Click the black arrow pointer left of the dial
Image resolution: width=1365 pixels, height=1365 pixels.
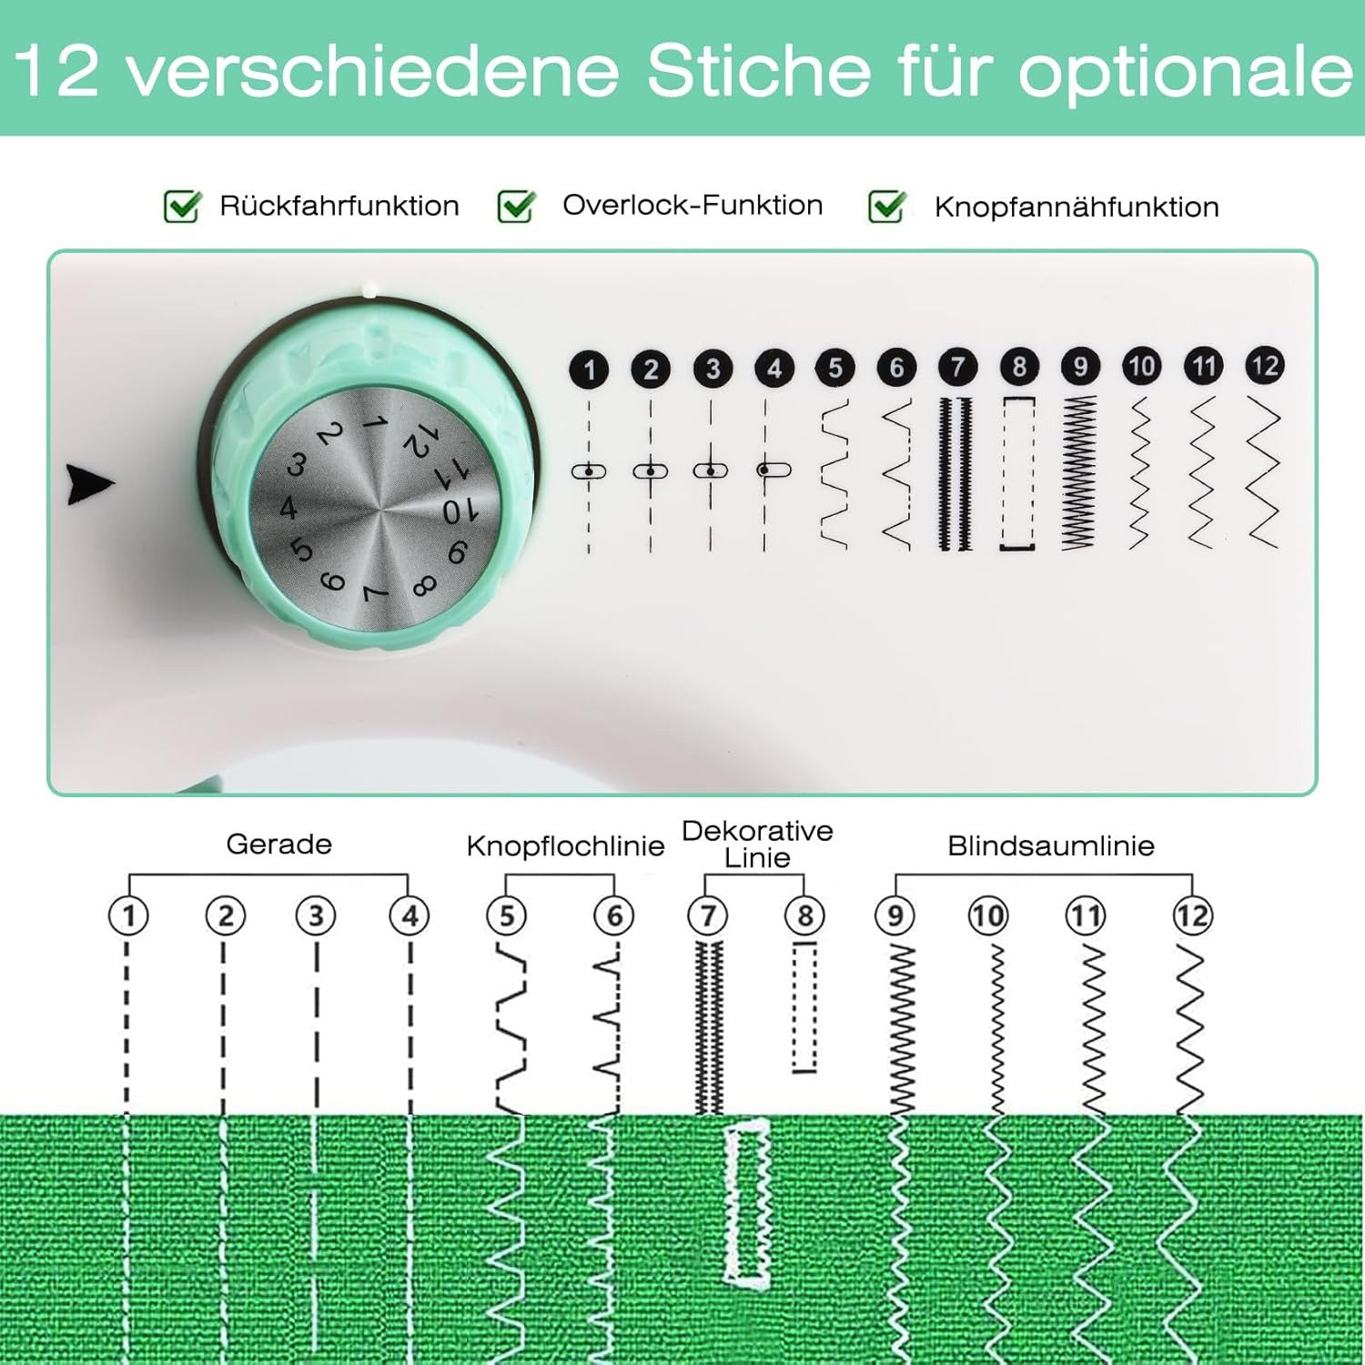[x=90, y=484]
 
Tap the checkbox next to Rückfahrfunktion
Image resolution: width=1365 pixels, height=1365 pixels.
[x=181, y=207]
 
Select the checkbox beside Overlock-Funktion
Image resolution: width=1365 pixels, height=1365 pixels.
[x=516, y=207]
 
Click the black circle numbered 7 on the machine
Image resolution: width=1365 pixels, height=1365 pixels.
[x=957, y=367]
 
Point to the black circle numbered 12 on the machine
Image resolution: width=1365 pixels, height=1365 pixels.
[x=1264, y=366]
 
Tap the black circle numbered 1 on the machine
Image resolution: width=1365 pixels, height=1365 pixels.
[x=589, y=369]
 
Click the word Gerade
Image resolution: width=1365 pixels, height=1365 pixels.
[x=278, y=844]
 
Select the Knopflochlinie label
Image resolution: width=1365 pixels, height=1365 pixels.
[x=565, y=845]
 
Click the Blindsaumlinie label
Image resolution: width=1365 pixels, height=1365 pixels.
[x=1050, y=845]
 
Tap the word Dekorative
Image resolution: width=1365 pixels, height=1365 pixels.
[x=757, y=831]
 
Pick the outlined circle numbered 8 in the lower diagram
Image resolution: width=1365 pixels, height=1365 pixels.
[x=804, y=915]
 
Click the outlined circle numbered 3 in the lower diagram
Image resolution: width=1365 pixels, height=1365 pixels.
[x=316, y=915]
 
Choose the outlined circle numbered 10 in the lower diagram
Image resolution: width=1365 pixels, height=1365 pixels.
[x=988, y=915]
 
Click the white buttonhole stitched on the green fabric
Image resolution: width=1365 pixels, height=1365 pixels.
[x=747, y=1201]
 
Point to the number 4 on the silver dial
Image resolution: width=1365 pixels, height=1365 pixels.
[x=288, y=508]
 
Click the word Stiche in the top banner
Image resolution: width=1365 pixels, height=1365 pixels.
[x=758, y=70]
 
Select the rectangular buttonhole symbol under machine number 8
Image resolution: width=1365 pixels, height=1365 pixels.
[x=1018, y=473]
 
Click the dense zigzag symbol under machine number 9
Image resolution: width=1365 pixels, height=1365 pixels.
[x=1079, y=473]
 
